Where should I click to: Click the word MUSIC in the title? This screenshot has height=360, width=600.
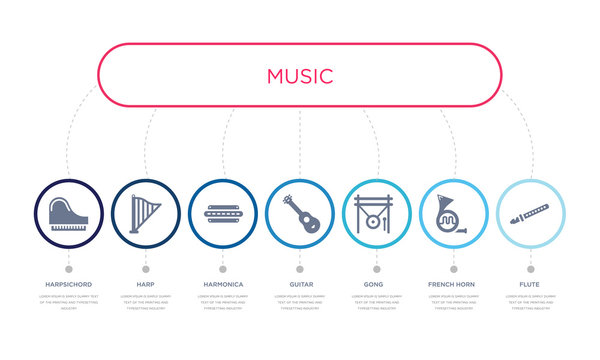coord(300,76)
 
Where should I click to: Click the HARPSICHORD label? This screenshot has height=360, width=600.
coord(68,284)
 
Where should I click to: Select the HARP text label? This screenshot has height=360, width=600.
coord(145,284)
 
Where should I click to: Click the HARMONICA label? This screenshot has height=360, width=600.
coord(222,284)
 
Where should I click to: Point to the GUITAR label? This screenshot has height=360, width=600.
coord(299,284)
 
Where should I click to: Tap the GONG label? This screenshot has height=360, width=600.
coord(376,284)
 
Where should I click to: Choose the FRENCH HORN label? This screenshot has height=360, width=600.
coord(453,284)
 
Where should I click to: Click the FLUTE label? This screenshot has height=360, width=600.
coord(530,284)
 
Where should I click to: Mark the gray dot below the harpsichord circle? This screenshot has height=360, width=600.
coord(68,268)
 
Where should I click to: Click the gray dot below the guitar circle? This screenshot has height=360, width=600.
coord(299,268)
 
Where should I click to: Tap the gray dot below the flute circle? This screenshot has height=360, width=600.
coord(530,268)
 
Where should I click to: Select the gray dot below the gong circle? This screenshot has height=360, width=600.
coord(376,268)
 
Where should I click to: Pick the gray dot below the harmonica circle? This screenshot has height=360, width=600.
coord(222,268)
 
